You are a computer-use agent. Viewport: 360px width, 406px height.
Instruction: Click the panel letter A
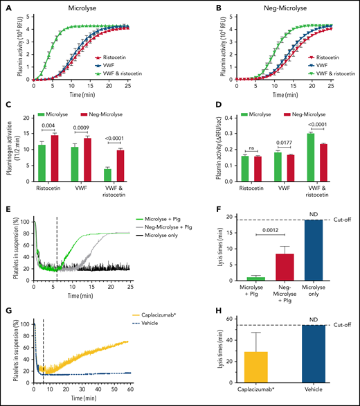pos(6,8)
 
